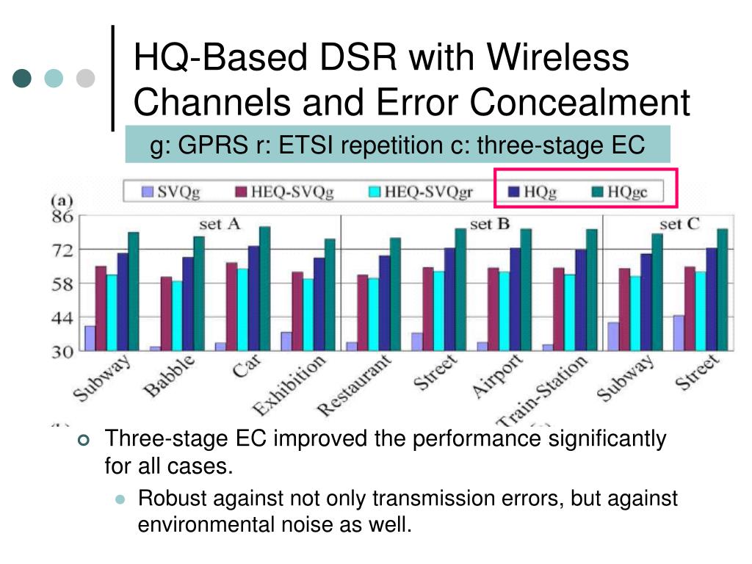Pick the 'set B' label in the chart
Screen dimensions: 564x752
(489, 224)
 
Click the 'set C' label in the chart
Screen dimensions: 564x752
(679, 224)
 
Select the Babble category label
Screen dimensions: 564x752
(170, 376)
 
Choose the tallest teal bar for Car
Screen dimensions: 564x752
(264, 289)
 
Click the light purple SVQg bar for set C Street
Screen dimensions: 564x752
(679, 333)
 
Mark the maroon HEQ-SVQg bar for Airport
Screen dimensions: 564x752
(493, 309)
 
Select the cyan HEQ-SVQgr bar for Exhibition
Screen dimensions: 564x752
(308, 314)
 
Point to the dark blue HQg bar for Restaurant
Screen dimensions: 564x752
(384, 303)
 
